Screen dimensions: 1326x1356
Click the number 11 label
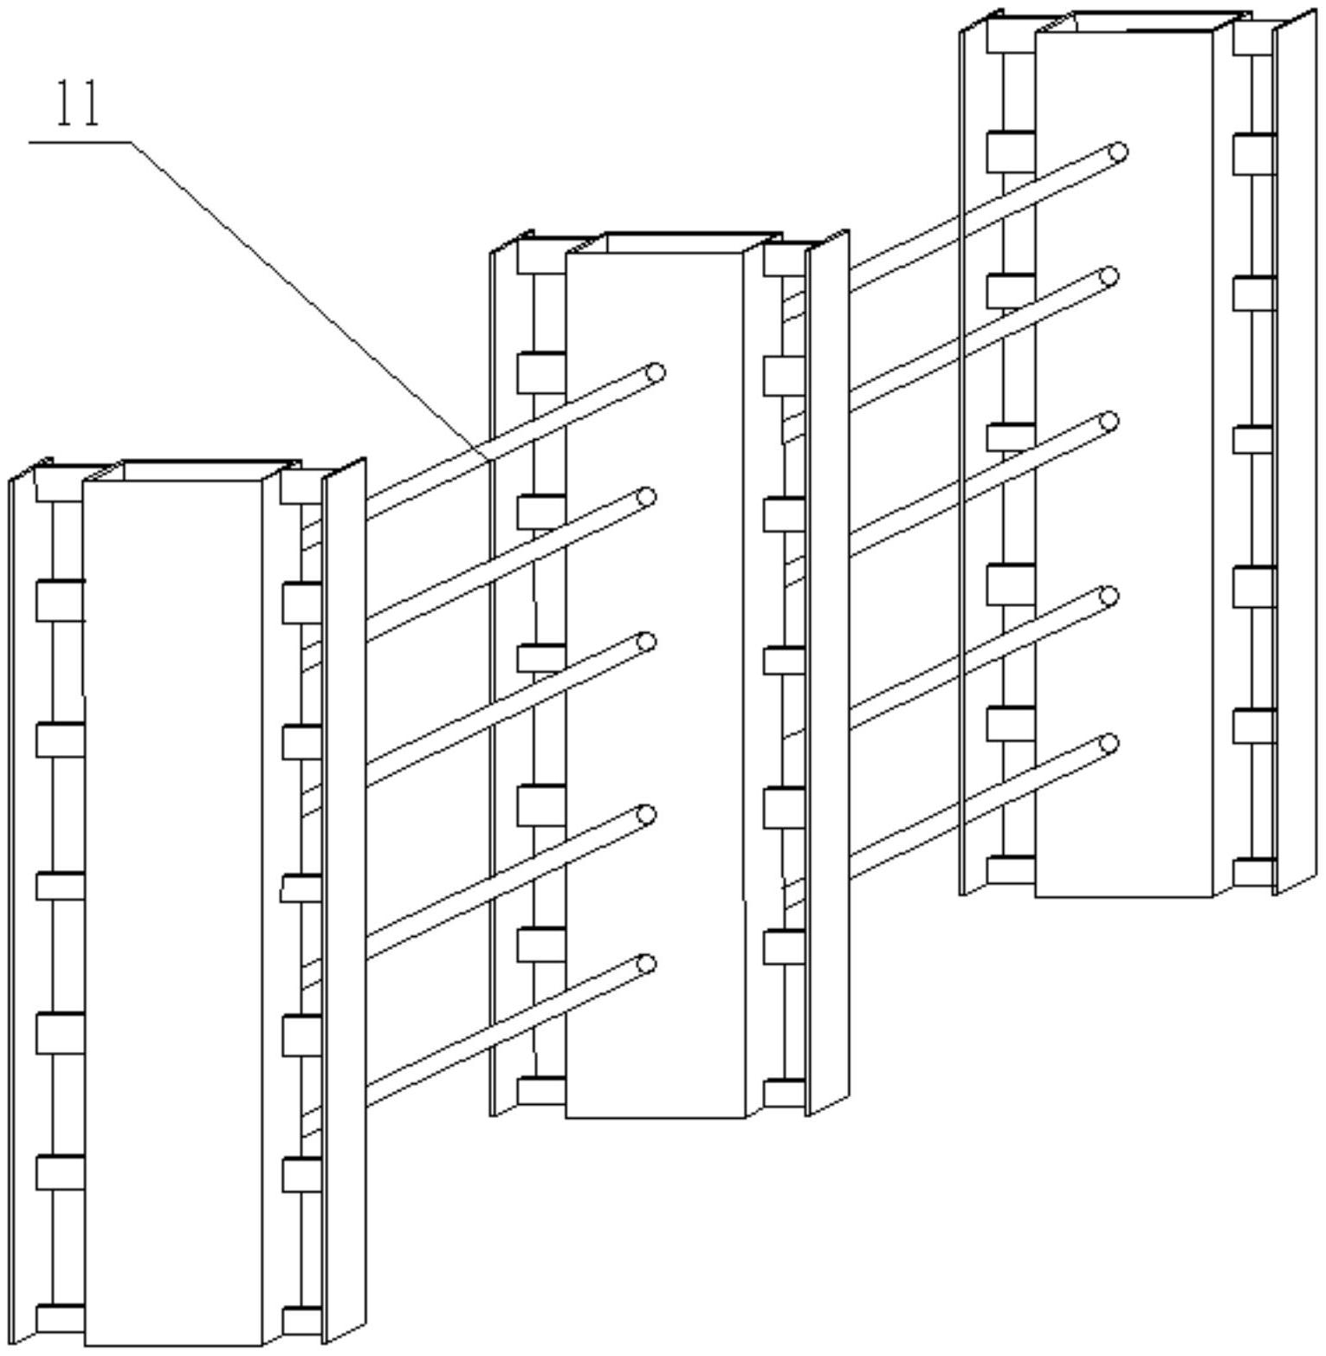click(78, 104)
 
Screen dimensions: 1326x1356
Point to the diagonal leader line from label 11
click(303, 294)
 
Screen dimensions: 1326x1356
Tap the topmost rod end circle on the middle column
click(656, 373)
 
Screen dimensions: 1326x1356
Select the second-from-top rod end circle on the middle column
click(646, 497)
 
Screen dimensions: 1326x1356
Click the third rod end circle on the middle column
click(646, 642)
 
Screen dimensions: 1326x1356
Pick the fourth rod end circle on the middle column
click(646, 814)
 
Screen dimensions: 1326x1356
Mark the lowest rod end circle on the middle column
click(646, 964)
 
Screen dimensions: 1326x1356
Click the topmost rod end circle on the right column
click(1118, 153)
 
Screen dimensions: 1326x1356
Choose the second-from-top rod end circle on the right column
click(1109, 277)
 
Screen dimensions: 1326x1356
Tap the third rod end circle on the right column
click(1109, 422)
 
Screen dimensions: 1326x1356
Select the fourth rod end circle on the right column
click(1109, 596)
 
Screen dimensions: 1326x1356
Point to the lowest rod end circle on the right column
click(1109, 744)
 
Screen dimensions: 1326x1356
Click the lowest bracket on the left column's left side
click(60, 1318)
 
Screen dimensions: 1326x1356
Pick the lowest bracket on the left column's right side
click(301, 1320)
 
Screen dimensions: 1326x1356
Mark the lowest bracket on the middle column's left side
click(541, 1091)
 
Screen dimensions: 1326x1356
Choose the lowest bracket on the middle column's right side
click(784, 1093)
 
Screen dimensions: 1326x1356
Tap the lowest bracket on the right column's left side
click(1011, 870)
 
